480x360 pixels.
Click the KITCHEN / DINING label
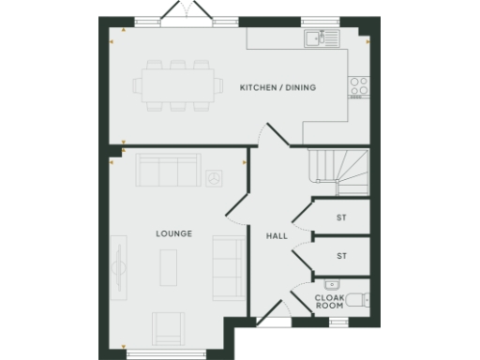click(x=278, y=87)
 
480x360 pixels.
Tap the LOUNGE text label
click(x=175, y=233)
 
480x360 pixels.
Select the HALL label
click(x=277, y=235)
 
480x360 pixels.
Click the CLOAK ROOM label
click(x=329, y=302)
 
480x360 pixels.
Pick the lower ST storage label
click(x=341, y=254)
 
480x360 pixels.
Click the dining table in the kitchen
click(x=176, y=86)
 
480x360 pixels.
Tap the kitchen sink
click(x=321, y=38)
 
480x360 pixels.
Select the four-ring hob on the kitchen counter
click(x=359, y=86)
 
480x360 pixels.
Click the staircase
click(x=337, y=171)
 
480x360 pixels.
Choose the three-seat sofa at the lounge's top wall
click(x=167, y=171)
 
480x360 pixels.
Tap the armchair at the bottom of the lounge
click(x=169, y=328)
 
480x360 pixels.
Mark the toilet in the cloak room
click(x=364, y=300)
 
